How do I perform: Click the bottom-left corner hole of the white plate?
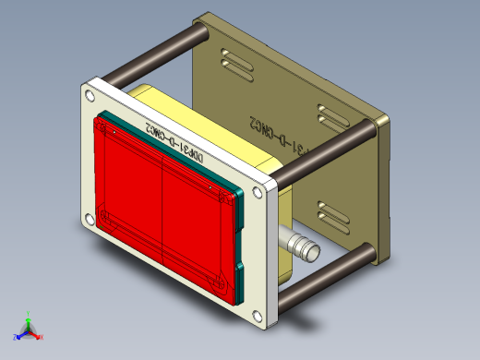pos(89,219)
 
